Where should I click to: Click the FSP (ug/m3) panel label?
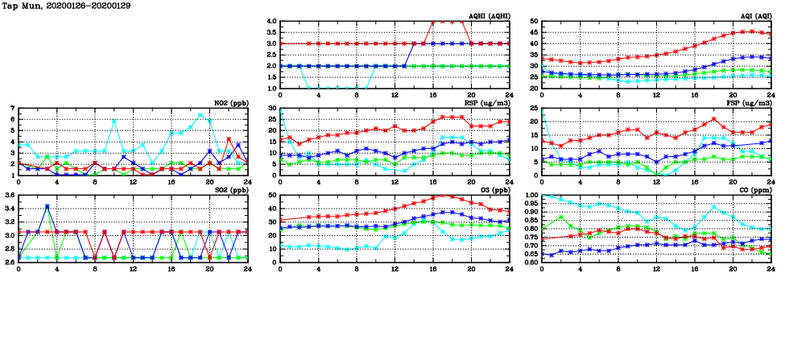coord(750,104)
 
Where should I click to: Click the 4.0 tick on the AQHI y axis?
coord(271,22)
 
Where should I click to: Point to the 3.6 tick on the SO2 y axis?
coord(9,196)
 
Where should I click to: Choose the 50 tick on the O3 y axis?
coord(272,196)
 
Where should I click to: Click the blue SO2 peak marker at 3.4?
coord(48,206)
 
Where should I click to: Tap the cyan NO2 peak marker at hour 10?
coord(114,122)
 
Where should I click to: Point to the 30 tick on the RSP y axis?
coord(272,109)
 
